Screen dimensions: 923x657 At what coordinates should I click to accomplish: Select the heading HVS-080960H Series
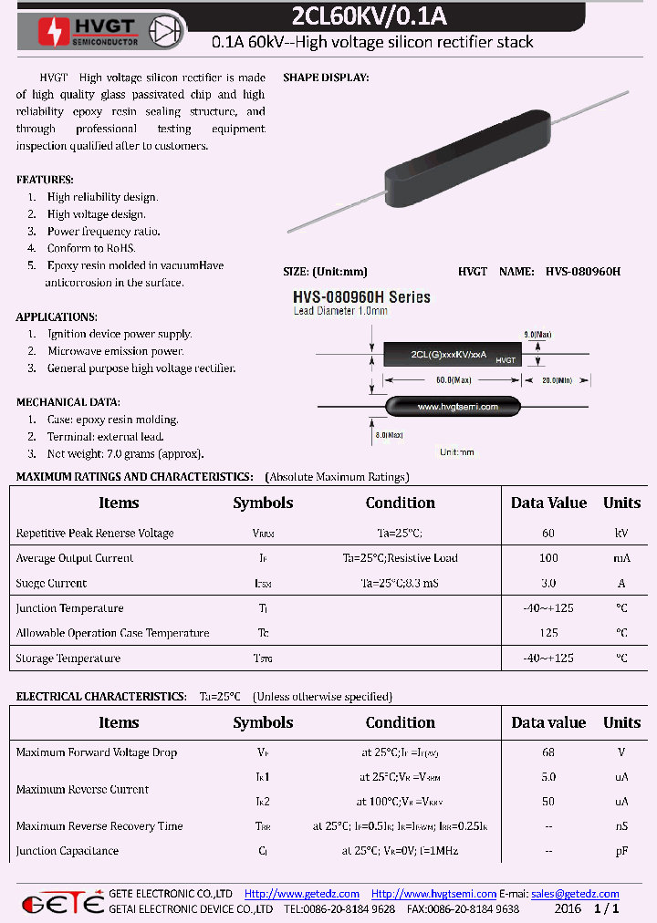click(361, 297)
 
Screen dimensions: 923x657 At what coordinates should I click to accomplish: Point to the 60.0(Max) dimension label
click(454, 379)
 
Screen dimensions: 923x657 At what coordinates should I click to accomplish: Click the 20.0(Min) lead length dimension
click(556, 379)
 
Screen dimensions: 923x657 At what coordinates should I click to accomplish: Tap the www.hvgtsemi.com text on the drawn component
click(452, 406)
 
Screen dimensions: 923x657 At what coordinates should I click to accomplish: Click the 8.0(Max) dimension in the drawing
click(389, 435)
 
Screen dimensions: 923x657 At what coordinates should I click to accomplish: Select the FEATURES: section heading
click(45, 180)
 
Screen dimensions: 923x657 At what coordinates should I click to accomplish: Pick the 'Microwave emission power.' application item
click(115, 351)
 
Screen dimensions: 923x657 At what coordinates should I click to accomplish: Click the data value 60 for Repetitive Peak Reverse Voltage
click(548, 533)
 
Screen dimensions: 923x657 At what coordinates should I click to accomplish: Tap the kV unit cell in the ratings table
click(621, 533)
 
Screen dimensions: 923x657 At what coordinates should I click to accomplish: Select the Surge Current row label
click(51, 583)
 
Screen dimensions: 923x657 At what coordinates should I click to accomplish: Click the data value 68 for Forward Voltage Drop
click(548, 752)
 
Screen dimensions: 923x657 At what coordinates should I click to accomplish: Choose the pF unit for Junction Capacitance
click(621, 851)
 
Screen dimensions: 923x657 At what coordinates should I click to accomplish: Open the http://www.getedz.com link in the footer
click(302, 894)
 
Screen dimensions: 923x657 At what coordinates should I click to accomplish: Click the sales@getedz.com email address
click(575, 894)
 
